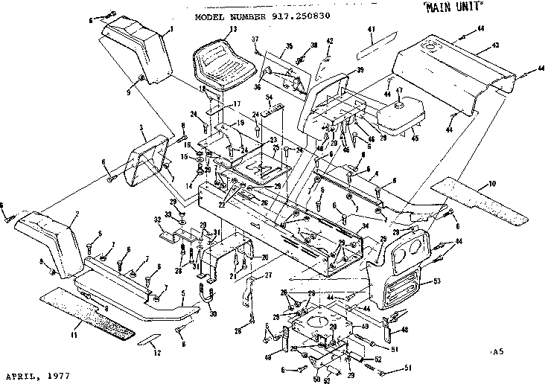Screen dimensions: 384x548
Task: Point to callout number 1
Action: point(171,30)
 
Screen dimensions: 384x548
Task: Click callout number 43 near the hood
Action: point(494,45)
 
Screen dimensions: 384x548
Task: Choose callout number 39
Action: point(360,70)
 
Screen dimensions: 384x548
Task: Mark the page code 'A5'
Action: point(497,350)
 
